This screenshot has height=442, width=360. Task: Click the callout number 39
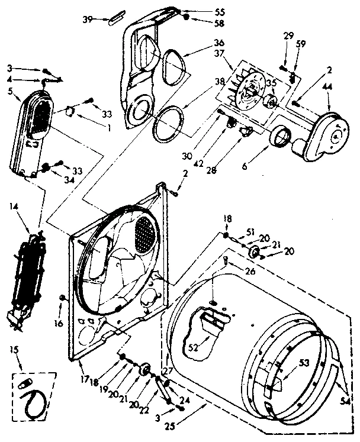point(87,20)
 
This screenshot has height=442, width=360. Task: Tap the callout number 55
point(203,11)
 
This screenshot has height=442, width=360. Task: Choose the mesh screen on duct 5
point(38,115)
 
